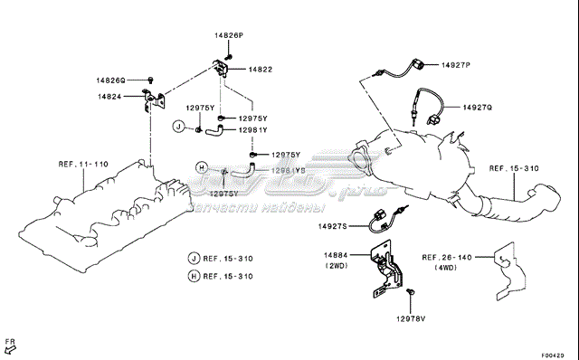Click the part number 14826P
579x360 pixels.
coord(228,34)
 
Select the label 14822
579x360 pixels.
coord(261,69)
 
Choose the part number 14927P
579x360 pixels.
coord(456,66)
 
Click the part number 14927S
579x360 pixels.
coord(335,226)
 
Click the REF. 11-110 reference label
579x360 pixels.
coord(83,165)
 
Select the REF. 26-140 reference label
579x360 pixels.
coord(446,258)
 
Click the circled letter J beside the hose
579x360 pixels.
coord(179,125)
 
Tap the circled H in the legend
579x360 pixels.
coord(194,276)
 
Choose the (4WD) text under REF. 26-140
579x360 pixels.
coord(446,269)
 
